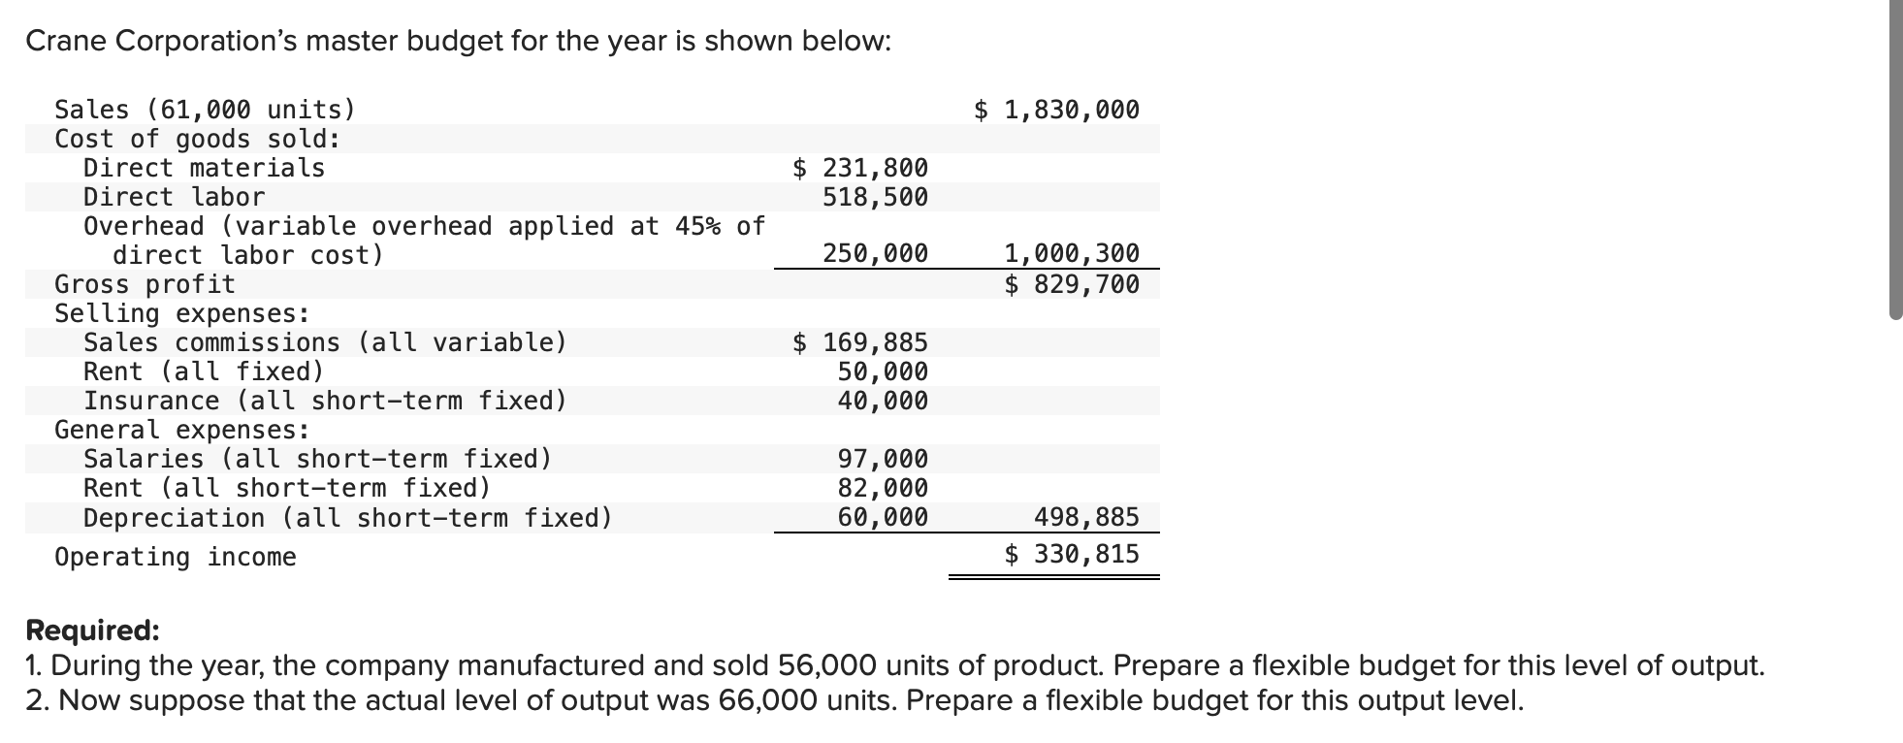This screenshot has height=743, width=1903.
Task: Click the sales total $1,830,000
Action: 1057,110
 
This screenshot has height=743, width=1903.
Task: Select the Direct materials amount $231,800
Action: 861,168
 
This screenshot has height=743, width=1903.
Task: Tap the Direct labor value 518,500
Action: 875,197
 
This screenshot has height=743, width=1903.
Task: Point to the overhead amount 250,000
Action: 875,254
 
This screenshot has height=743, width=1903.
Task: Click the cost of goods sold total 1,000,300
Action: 1072,254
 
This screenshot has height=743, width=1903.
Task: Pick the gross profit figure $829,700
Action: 1072,284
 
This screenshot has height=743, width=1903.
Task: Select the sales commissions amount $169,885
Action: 861,342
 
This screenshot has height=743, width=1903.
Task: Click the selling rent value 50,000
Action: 883,371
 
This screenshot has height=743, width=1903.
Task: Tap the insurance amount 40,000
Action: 883,401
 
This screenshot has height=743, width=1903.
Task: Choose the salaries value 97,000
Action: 883,459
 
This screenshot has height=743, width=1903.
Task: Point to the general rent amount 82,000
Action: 883,488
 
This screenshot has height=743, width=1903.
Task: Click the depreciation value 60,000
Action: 883,517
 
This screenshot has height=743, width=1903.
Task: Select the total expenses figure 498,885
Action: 1086,517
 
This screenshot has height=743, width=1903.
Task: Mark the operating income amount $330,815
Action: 1072,554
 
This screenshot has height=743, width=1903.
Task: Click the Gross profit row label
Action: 145,284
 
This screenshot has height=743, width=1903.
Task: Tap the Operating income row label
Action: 175,557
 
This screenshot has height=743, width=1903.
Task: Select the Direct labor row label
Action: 174,197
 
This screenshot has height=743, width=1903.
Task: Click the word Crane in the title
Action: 64,41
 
